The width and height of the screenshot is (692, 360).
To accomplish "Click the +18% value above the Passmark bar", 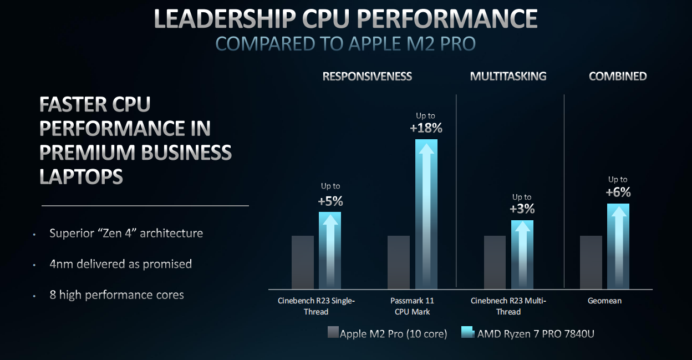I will pyautogui.click(x=426, y=128).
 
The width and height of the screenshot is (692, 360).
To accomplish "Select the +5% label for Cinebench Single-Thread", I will pyautogui.click(x=330, y=201).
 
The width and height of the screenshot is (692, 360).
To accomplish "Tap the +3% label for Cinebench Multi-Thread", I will pyautogui.click(x=522, y=209).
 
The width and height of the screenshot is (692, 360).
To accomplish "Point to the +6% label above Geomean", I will pyautogui.click(x=618, y=192).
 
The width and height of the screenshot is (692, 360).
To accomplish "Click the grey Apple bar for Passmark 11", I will pyautogui.click(x=399, y=262).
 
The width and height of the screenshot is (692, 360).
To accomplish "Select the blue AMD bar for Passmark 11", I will pyautogui.click(x=426, y=214).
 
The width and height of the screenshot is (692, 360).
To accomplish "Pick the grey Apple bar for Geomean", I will pyautogui.click(x=591, y=262).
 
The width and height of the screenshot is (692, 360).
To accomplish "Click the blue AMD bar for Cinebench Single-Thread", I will pyautogui.click(x=330, y=250).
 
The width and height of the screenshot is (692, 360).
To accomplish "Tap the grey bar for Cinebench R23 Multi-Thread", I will pyautogui.click(x=495, y=262).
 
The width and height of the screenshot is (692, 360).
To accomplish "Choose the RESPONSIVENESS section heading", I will pyautogui.click(x=367, y=77).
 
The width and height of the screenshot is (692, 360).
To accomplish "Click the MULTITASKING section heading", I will pyautogui.click(x=508, y=77).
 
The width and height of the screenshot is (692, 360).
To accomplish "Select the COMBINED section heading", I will pyautogui.click(x=618, y=77).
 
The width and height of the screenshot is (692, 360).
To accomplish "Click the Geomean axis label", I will pyautogui.click(x=604, y=301).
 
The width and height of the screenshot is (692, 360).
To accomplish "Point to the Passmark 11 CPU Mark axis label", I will pyautogui.click(x=413, y=306).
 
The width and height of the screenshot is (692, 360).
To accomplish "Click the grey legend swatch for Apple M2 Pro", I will pyautogui.click(x=333, y=333).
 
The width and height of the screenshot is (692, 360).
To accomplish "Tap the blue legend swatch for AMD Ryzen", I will pyautogui.click(x=467, y=333).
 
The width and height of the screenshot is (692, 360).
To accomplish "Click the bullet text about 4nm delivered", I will pyautogui.click(x=120, y=264).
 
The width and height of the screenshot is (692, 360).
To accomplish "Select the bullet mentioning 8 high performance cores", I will pyautogui.click(x=116, y=295).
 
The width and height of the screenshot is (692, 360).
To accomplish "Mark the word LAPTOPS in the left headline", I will pyautogui.click(x=81, y=177).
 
